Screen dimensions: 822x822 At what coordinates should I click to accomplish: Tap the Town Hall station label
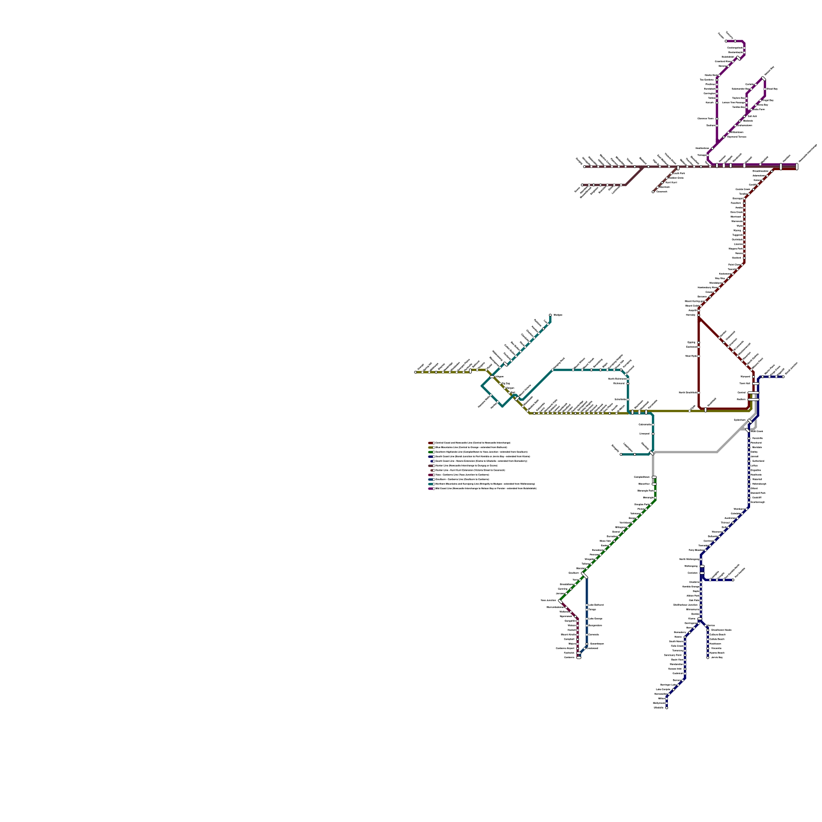click(744, 383)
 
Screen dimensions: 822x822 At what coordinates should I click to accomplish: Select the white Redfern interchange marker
click(753, 399)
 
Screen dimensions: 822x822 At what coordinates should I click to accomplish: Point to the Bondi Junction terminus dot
click(783, 377)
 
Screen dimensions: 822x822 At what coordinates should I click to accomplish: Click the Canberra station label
click(569, 658)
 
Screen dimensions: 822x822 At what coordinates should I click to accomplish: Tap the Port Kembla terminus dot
click(733, 580)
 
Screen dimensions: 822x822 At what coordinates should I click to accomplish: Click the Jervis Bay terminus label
click(717, 657)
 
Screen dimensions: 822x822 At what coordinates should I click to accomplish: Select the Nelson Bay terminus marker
click(763, 79)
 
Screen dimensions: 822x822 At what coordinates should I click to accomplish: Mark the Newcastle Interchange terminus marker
click(796, 166)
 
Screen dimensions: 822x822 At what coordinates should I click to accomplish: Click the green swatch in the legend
click(431, 452)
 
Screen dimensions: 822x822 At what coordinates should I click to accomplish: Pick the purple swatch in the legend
click(431, 489)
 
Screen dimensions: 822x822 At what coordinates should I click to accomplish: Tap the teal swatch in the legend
click(431, 484)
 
